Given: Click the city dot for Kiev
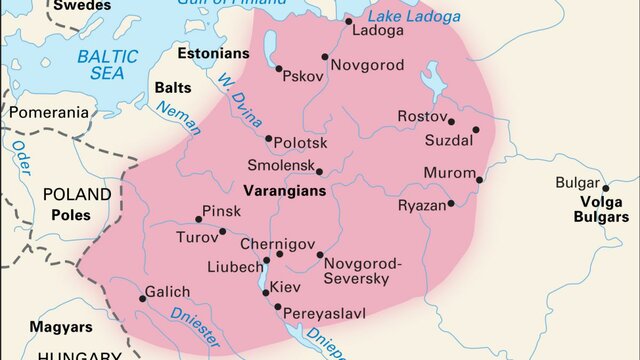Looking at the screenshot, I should click(265, 294).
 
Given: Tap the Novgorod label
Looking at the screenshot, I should click(368, 65).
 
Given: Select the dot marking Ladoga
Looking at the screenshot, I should click(348, 21).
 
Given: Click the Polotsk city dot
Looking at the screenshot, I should click(268, 139).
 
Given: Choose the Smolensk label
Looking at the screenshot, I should click(281, 164).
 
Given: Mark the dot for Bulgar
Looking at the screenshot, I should click(605, 187).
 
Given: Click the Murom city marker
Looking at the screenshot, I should click(480, 181).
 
